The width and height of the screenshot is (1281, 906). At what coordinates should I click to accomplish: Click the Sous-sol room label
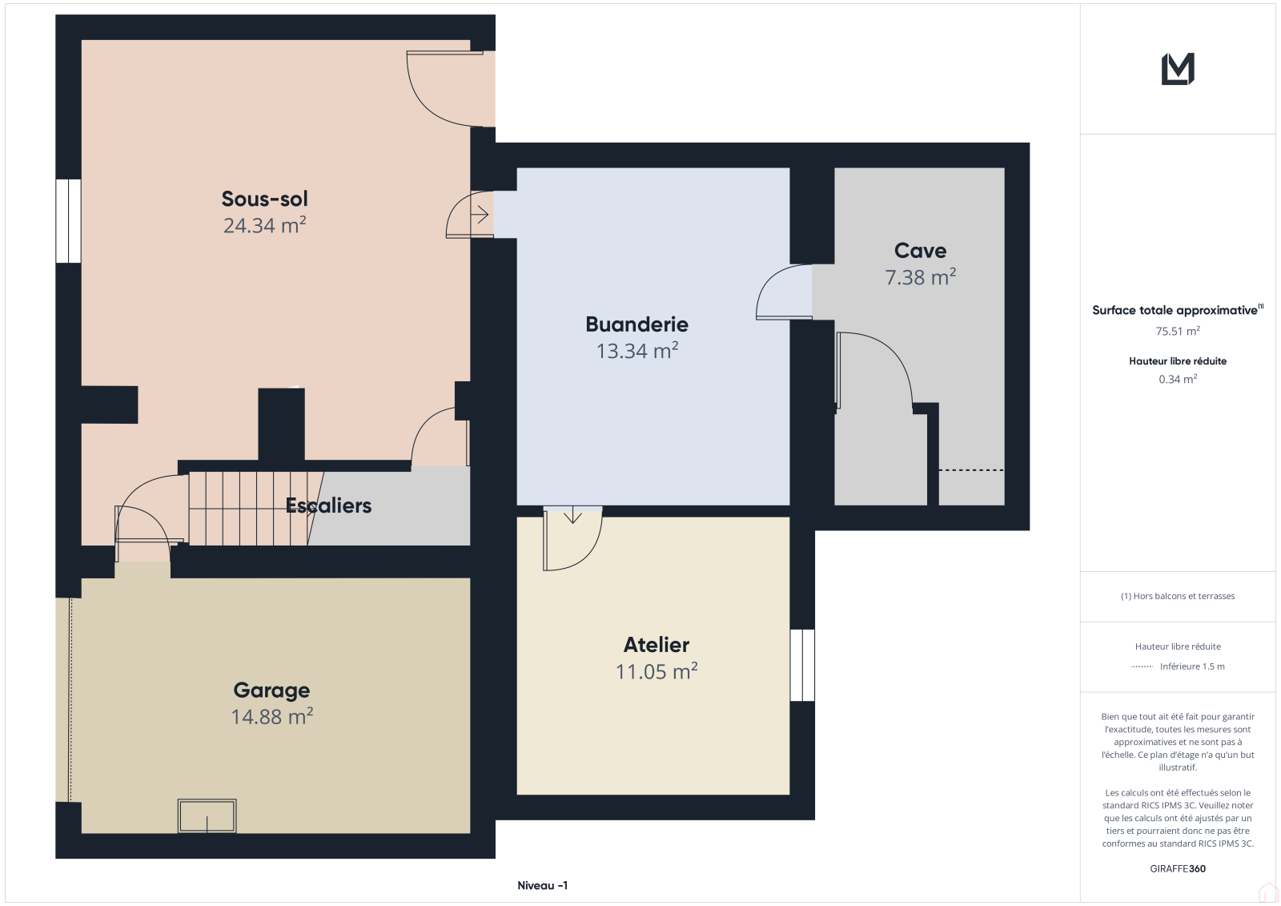264,199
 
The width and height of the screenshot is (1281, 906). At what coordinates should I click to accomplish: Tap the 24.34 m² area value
264,225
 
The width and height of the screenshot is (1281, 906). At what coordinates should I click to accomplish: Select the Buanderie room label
636,324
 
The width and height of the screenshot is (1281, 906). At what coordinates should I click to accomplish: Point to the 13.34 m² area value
637,350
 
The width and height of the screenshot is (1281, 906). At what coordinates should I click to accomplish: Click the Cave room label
920,250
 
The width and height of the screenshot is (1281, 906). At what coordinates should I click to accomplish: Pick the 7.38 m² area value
920,277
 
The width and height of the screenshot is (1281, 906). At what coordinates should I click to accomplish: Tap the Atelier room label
656,644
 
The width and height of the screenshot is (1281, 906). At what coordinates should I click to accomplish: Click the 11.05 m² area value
656,670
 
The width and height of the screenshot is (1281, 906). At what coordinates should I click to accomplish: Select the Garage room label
271,690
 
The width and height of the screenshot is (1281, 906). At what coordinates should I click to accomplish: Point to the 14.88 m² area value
271,716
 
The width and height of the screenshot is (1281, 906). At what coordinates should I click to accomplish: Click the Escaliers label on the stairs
328,505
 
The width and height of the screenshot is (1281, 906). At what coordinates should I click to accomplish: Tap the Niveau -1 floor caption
542,885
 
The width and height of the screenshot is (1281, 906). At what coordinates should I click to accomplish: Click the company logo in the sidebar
1178,69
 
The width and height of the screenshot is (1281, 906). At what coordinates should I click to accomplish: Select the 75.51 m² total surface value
1178,331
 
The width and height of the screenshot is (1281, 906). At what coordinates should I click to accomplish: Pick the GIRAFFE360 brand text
1178,868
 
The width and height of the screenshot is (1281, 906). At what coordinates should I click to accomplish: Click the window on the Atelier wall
802,665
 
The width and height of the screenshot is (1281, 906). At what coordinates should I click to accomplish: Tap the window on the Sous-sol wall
68,221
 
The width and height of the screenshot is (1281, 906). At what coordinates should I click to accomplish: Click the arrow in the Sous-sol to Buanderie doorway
480,215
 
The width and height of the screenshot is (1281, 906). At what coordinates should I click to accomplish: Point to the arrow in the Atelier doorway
572,515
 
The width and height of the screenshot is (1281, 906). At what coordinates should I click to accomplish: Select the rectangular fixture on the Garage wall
207,815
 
